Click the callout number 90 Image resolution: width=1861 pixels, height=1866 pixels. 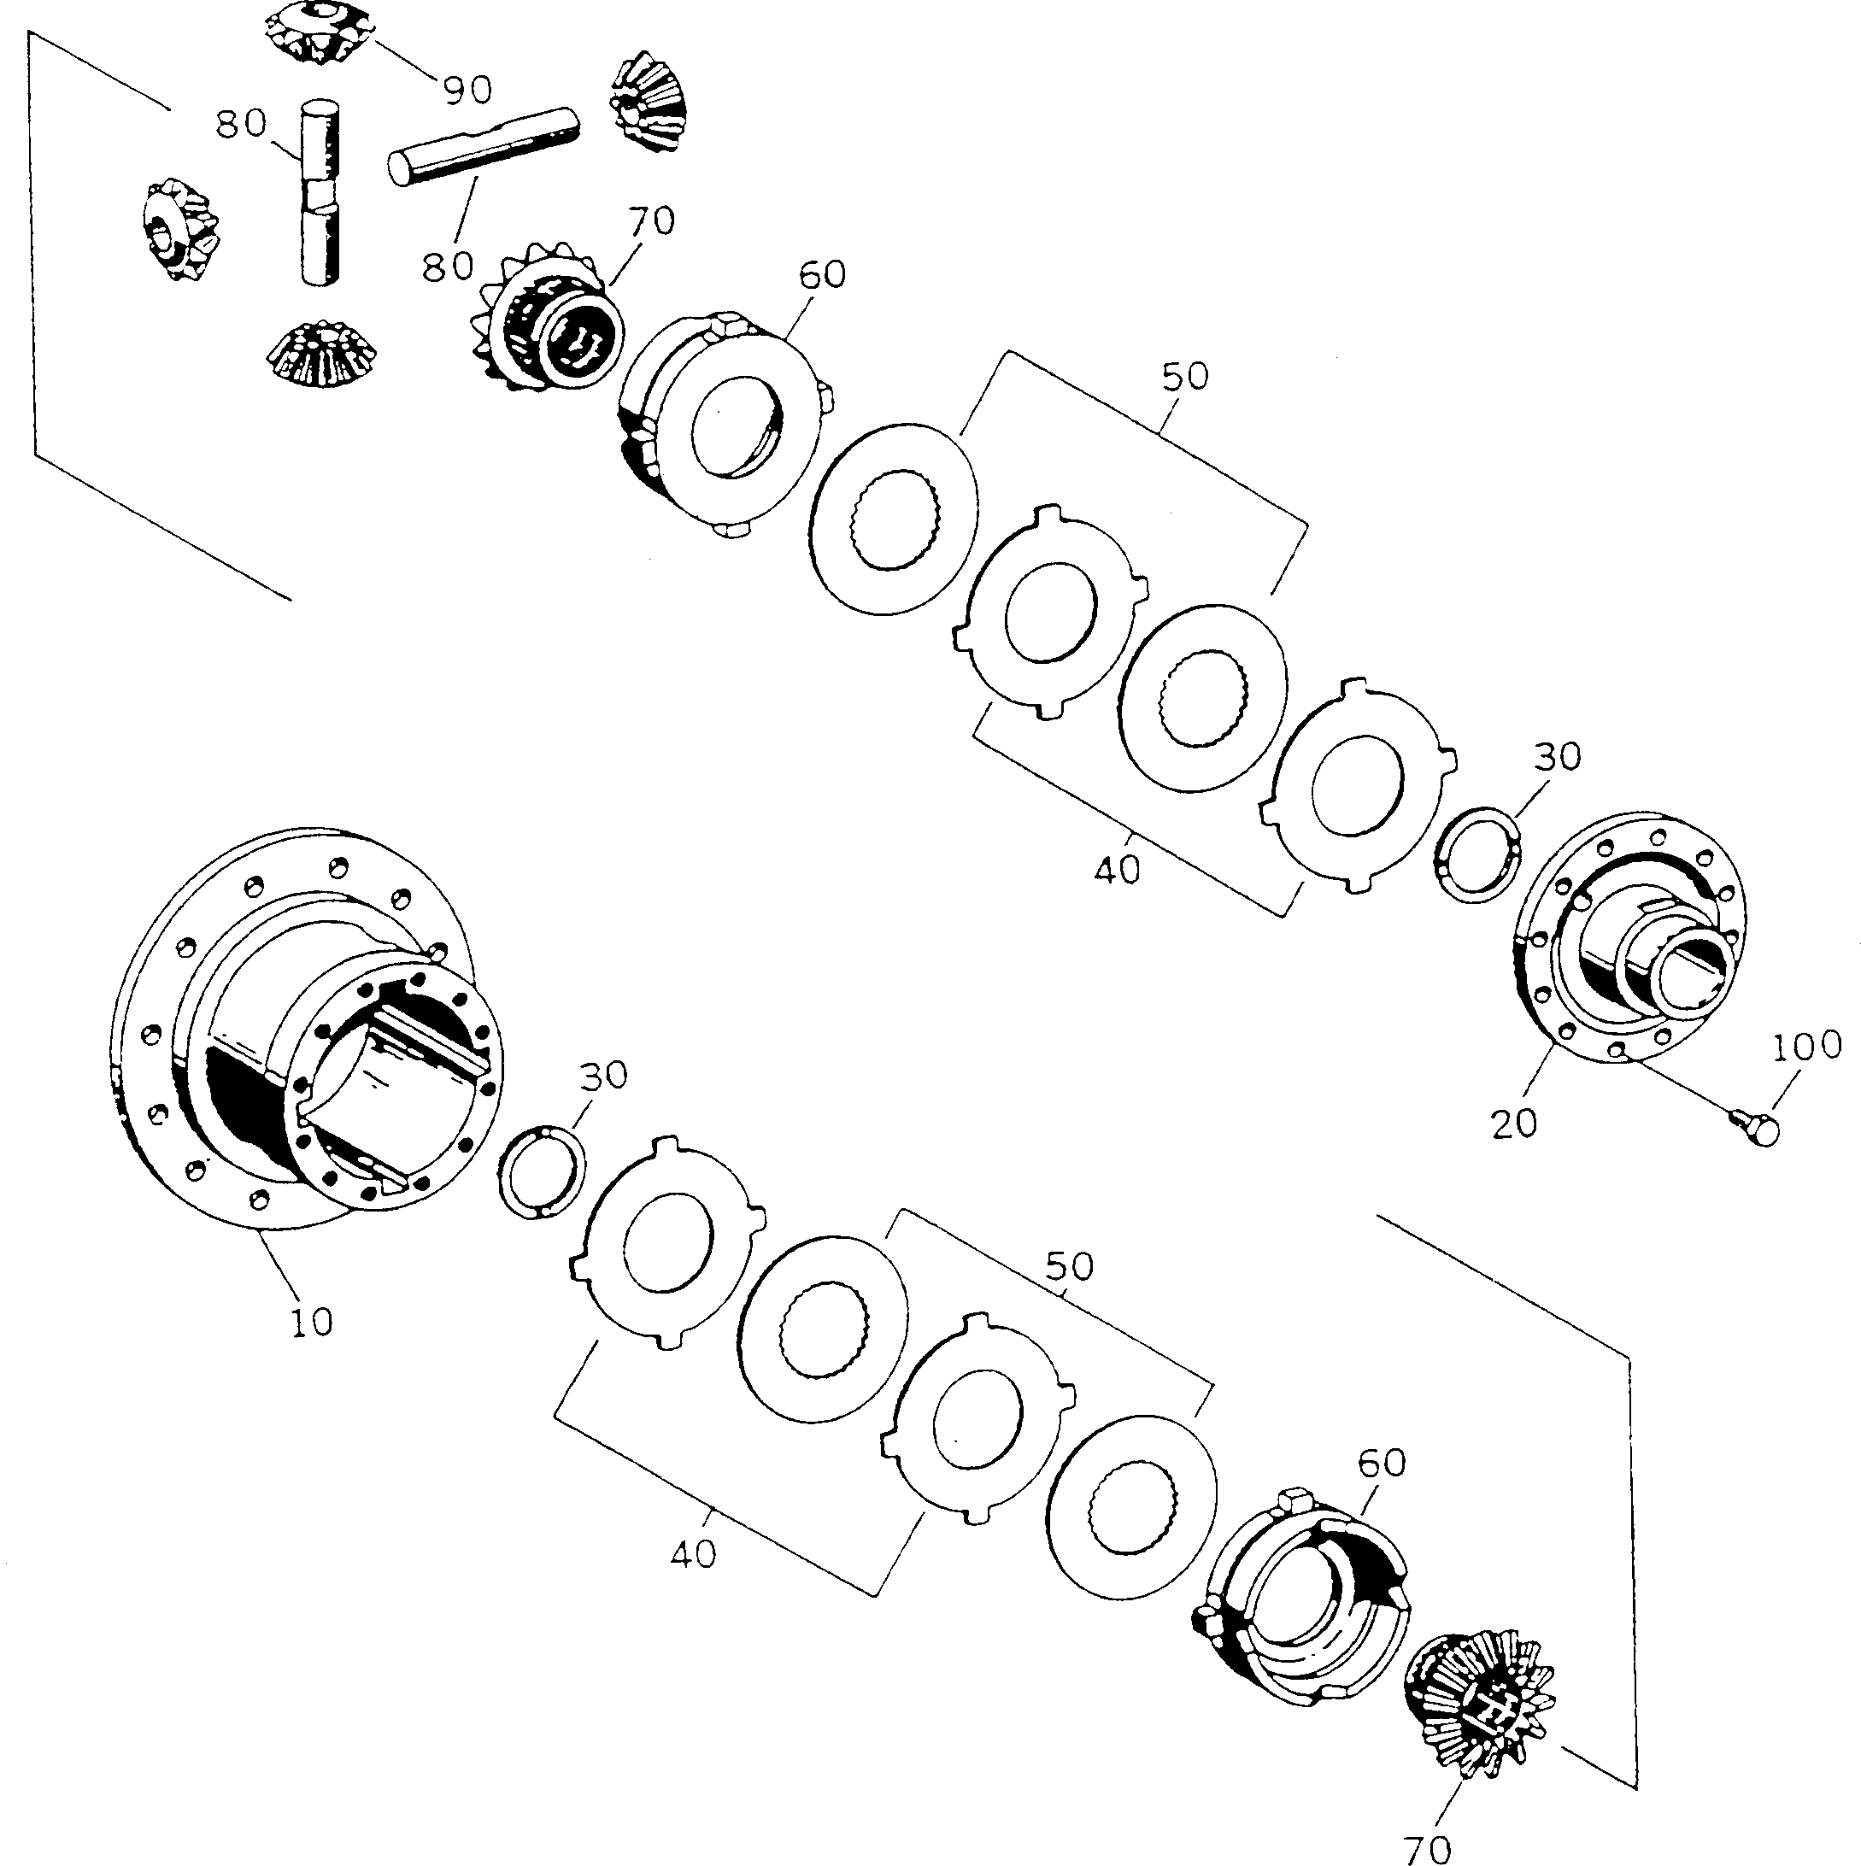click(x=467, y=89)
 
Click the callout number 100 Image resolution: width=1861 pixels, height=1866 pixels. click(x=1807, y=1045)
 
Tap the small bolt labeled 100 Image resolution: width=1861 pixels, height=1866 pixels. click(x=1760, y=1127)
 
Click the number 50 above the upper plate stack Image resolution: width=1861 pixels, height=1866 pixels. click(x=1185, y=376)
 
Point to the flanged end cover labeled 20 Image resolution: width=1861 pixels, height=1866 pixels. click(x=1632, y=937)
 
